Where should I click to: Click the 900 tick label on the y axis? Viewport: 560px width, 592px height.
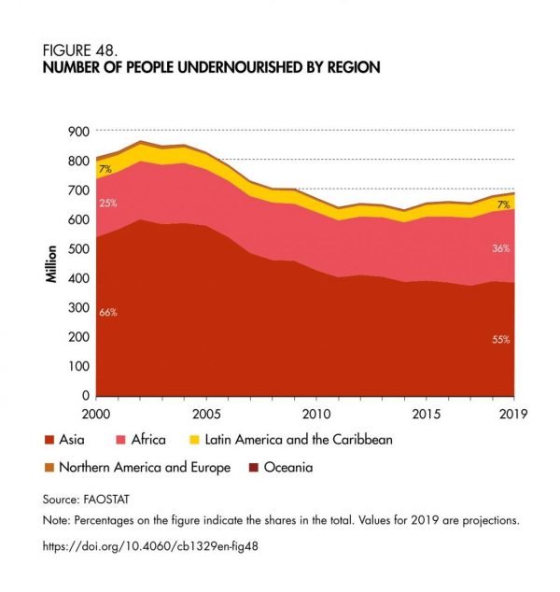[x=79, y=132]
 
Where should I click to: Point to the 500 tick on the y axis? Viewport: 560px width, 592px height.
[x=79, y=248]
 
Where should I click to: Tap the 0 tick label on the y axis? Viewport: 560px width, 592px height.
[x=86, y=395]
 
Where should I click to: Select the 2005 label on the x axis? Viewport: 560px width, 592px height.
[x=206, y=415]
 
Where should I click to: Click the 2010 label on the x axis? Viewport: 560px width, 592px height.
[x=316, y=415]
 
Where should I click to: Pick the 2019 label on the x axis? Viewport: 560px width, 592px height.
[x=513, y=415]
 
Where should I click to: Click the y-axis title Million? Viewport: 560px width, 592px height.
[x=51, y=264]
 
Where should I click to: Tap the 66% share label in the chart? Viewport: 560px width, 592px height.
[x=108, y=312]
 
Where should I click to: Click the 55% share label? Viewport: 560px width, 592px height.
[x=501, y=339]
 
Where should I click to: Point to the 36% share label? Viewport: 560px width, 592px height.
[x=501, y=248]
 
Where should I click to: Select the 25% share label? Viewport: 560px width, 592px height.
[x=108, y=204]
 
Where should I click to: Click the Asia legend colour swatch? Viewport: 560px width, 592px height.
[x=49, y=440]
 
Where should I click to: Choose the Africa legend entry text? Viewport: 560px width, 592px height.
[x=148, y=440]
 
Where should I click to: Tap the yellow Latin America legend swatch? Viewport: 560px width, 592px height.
[x=194, y=440]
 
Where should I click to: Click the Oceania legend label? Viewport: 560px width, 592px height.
[x=288, y=468]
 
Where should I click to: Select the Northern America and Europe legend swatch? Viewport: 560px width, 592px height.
[x=49, y=468]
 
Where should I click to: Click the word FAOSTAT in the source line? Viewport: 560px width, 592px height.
[x=106, y=500]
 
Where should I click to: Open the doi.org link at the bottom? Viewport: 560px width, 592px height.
[x=150, y=546]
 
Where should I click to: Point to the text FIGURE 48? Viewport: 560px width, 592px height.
[x=80, y=50]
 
